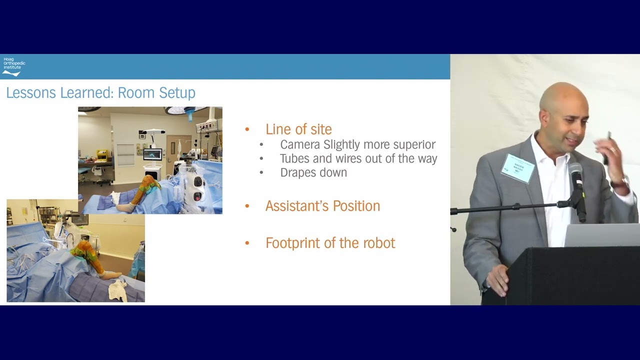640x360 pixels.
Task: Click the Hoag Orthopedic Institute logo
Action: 13,66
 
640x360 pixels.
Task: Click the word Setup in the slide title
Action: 177,93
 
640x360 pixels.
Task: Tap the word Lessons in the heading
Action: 31,93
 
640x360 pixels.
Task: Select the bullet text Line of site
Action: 298,129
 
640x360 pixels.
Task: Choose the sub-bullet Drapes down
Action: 313,173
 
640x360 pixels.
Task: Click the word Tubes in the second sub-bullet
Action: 293,159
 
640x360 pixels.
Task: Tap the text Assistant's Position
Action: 322,206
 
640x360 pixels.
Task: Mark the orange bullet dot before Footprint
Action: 247,243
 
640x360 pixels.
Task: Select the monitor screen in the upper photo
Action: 152,154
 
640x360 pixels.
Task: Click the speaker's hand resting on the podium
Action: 497,278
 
